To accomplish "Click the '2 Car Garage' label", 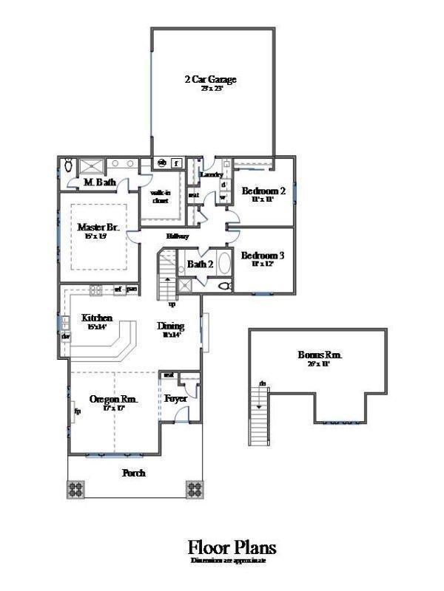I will click(x=210, y=79).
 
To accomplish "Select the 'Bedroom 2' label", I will click(x=263, y=191).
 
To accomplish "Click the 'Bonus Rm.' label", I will click(x=319, y=355).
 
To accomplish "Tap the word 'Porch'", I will click(x=134, y=473).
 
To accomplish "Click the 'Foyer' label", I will click(x=176, y=399).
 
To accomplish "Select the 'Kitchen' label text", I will click(x=97, y=318).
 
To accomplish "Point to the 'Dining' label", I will click(x=171, y=326).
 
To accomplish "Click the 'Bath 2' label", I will click(x=200, y=264).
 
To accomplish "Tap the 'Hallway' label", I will click(x=178, y=236).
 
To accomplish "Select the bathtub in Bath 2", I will click(x=224, y=264).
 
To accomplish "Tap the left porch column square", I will click(x=76, y=489).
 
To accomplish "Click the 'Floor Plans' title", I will click(x=232, y=547).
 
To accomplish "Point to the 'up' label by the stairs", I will click(x=172, y=304).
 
